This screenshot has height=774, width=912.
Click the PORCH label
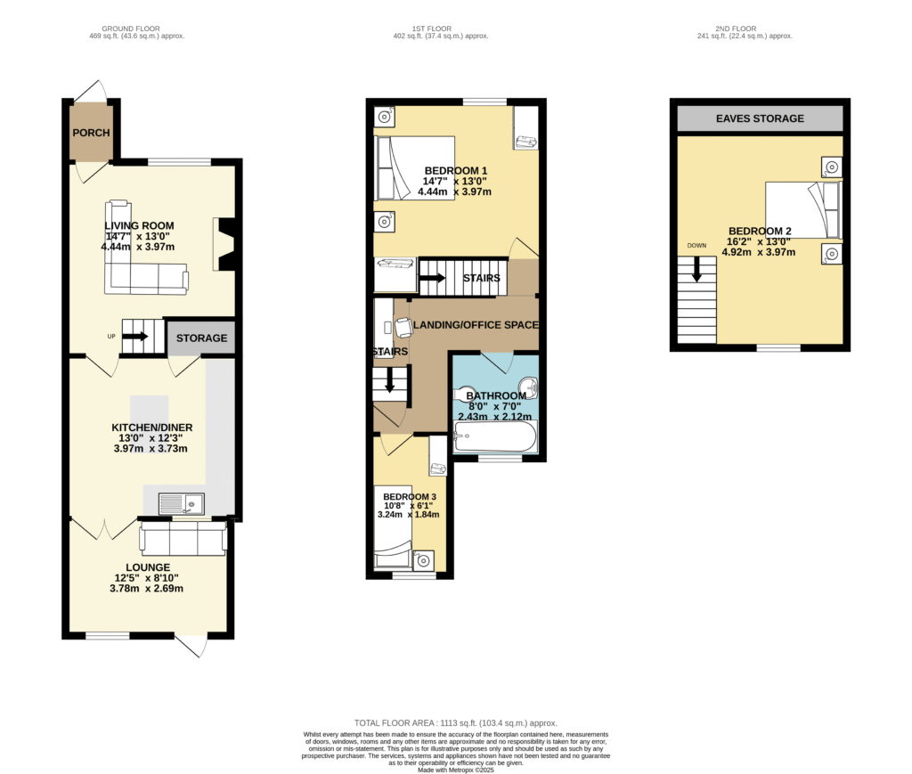[92, 133]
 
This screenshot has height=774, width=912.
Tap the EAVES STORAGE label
[760, 118]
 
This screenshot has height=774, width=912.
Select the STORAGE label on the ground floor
[202, 338]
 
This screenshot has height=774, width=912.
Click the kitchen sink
[182, 503]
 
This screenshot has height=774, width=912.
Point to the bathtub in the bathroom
[495, 436]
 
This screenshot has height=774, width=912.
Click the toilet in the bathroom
[465, 395]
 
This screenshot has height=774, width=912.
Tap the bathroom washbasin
[529, 386]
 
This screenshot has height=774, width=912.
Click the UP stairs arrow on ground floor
[135, 336]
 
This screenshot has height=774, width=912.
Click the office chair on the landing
[403, 328]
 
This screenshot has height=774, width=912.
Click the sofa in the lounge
[183, 538]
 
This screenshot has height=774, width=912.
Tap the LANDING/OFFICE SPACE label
[476, 325]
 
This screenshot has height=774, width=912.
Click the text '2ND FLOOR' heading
[736, 29]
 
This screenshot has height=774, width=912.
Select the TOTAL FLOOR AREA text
[456, 723]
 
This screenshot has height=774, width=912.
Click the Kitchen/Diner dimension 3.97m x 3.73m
[151, 448]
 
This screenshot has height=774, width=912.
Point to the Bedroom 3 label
[410, 497]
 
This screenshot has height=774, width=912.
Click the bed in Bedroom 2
[803, 210]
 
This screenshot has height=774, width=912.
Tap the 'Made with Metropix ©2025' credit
[456, 770]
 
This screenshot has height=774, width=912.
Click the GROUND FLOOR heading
[131, 29]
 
